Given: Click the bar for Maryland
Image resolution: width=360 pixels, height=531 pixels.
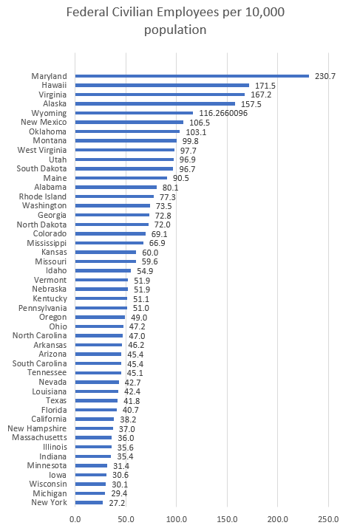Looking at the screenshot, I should [191, 75].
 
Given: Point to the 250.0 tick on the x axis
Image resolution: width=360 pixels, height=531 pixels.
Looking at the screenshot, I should [328, 518].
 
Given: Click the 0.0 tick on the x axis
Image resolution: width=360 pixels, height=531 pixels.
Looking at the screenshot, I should [75, 518].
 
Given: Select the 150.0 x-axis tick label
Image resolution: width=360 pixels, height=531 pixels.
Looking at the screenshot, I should [227, 518].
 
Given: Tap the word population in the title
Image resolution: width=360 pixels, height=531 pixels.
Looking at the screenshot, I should [176, 30].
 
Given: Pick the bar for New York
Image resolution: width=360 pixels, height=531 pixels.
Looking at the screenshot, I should [89, 502].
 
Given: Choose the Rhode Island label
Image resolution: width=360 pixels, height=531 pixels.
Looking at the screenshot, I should [43, 196].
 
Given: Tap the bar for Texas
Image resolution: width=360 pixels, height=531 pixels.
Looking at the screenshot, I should [96, 400].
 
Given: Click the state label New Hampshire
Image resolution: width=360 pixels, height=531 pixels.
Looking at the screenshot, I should [37, 428].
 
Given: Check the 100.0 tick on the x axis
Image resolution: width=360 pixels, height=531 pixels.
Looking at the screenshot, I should [176, 518].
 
